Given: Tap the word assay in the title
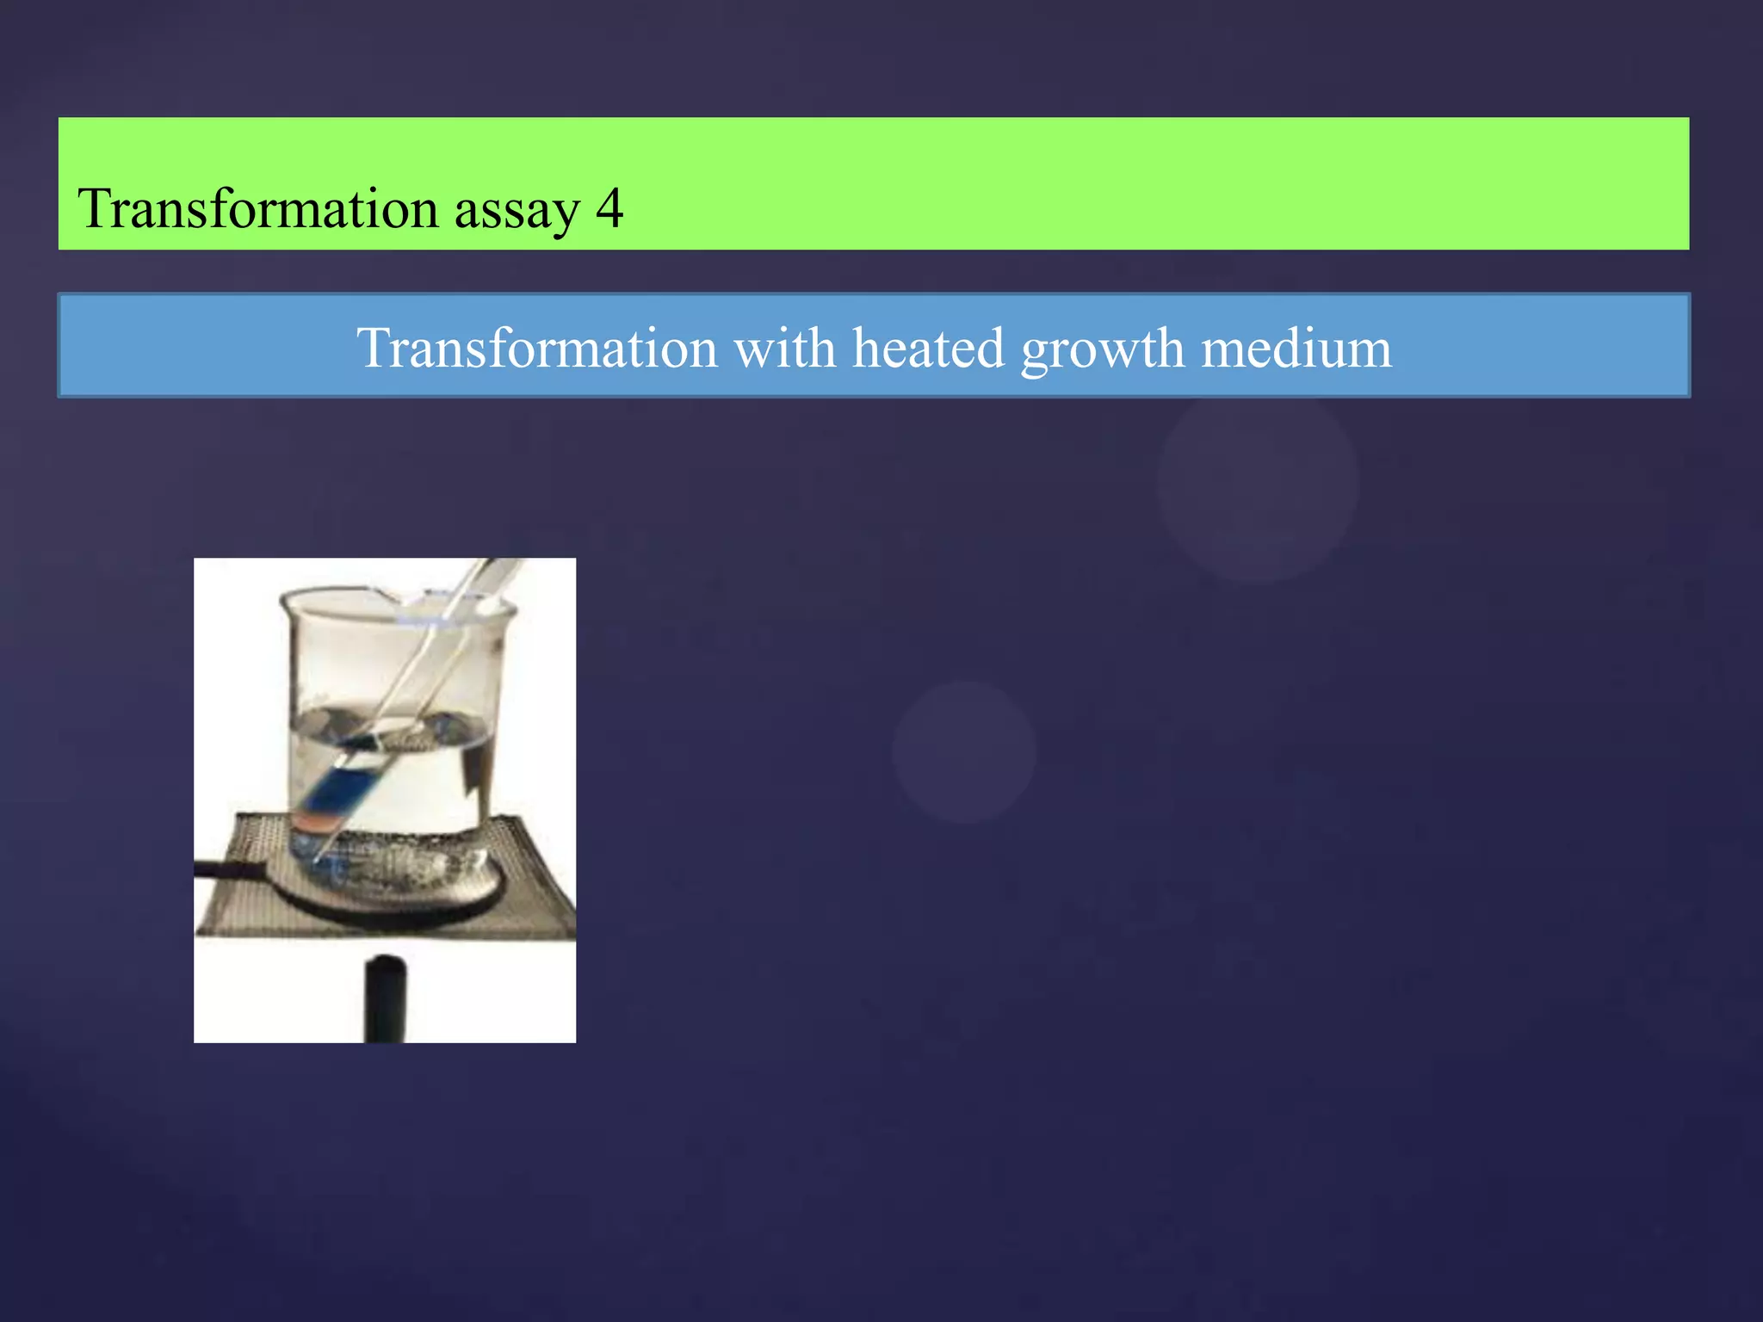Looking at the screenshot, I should (x=517, y=211).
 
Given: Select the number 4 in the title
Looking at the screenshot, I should (x=609, y=208).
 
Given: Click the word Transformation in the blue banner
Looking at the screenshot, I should (x=537, y=348).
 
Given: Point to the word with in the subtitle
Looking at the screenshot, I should (x=783, y=348).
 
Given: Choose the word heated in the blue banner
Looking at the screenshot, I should (x=928, y=348).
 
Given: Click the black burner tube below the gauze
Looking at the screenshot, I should (x=384, y=998).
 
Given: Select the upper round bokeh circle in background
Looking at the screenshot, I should (x=1258, y=483).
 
